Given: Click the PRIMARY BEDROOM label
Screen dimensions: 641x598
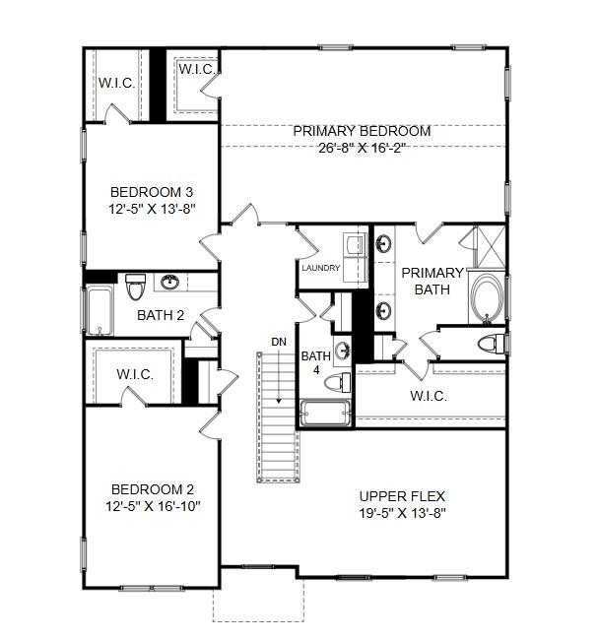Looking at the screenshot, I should pyautogui.click(x=362, y=131).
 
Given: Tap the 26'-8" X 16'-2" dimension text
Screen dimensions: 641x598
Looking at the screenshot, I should pyautogui.click(x=362, y=149).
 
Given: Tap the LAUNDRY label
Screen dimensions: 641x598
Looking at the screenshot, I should pyautogui.click(x=321, y=268).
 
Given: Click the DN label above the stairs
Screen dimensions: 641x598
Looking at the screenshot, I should pyautogui.click(x=279, y=342).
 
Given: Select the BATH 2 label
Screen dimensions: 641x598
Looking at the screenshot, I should pyautogui.click(x=161, y=315).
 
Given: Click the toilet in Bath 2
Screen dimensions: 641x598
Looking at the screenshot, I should pyautogui.click(x=135, y=287).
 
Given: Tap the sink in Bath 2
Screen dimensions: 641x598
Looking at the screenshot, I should pyautogui.click(x=170, y=284).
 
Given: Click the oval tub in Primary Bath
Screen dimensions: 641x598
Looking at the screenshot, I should pyautogui.click(x=488, y=299).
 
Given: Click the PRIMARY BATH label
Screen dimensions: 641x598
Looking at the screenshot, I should pyautogui.click(x=431, y=281).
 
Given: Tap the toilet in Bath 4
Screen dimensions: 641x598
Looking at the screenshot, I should pyautogui.click(x=336, y=381).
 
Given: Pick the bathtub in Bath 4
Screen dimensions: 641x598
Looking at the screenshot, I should pyautogui.click(x=325, y=414).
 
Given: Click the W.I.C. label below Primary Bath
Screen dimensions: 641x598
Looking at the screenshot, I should pyautogui.click(x=428, y=396).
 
